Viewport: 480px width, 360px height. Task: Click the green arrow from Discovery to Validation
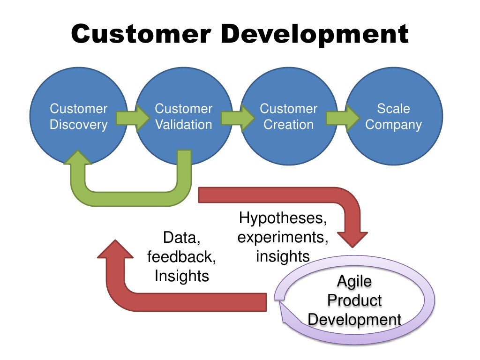[131, 117]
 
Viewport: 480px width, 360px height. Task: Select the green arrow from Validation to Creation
[236, 117]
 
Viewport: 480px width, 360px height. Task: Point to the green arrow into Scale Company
[341, 117]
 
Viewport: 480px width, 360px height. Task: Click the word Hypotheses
[283, 218]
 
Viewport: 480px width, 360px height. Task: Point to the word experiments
[283, 237]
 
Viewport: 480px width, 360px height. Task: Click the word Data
[182, 238]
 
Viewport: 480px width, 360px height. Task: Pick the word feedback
[182, 257]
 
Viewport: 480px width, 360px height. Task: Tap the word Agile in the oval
[355, 281]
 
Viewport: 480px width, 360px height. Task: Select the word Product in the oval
[355, 300]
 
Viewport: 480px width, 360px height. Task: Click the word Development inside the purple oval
[355, 320]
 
